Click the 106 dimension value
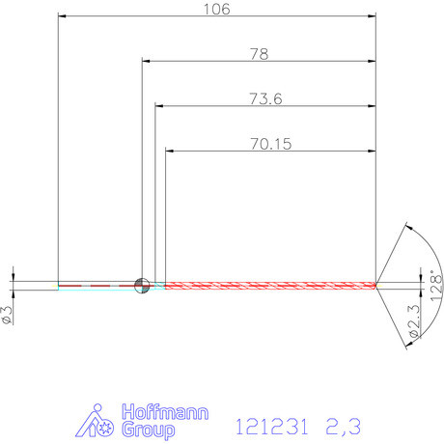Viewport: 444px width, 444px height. (x=217, y=9)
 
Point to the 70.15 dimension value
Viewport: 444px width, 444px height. (x=270, y=143)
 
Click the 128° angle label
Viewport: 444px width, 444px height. (x=436, y=287)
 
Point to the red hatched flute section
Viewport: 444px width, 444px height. (x=270, y=285)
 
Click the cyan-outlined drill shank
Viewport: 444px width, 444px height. (x=97, y=285)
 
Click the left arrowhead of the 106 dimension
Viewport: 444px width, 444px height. (x=63, y=17)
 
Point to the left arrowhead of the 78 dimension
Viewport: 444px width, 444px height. (x=147, y=62)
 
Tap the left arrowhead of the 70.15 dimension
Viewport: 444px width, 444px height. (x=171, y=151)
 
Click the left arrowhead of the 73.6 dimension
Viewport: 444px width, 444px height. (x=159, y=106)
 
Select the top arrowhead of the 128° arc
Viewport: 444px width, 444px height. (x=411, y=229)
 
